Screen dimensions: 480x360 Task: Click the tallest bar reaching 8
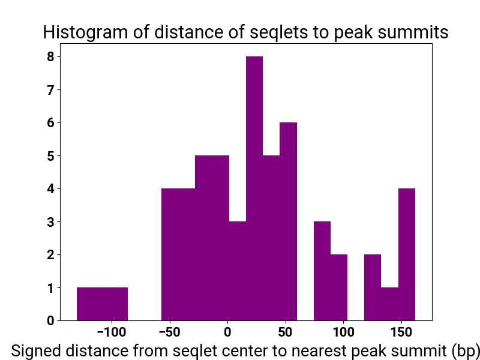(x=254, y=188)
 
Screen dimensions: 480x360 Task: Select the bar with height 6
(x=289, y=221)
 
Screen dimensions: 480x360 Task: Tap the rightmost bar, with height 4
(x=407, y=254)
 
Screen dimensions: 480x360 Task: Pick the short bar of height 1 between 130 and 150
(x=389, y=304)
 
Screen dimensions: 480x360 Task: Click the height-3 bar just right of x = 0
(x=238, y=271)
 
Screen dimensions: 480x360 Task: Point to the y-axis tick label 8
(x=50, y=57)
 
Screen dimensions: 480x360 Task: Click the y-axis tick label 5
(x=50, y=156)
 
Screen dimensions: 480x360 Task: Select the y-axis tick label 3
(x=50, y=221)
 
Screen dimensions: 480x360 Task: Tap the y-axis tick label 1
(x=50, y=288)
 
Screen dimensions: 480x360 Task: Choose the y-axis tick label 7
(x=50, y=90)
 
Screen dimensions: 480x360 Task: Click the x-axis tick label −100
(x=112, y=332)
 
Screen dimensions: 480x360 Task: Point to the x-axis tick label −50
(x=169, y=332)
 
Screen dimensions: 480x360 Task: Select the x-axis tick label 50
(x=286, y=332)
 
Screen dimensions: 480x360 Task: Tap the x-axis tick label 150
(x=401, y=332)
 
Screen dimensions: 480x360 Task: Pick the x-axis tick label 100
(x=343, y=332)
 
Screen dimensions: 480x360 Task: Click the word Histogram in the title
(x=85, y=32)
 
